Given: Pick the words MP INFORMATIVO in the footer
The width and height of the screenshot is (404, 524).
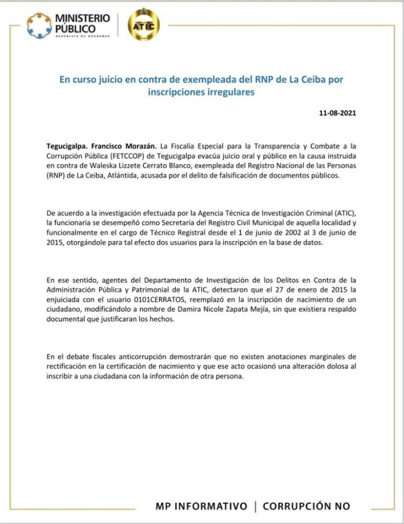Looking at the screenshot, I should (x=201, y=506).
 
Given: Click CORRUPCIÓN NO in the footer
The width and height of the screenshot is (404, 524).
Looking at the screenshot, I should (x=306, y=506).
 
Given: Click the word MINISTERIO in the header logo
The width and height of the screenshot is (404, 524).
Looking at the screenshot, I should (x=83, y=18).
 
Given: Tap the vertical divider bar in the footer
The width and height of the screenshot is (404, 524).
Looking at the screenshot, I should (x=255, y=506).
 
